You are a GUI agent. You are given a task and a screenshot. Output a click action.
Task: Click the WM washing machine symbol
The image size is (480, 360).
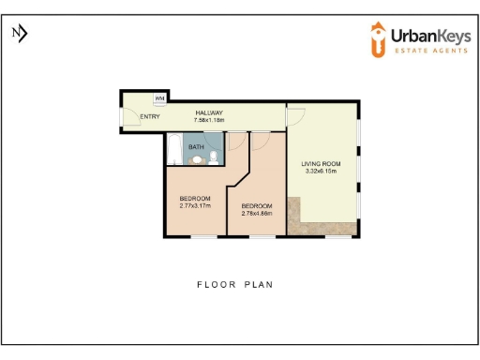(x=159, y=98)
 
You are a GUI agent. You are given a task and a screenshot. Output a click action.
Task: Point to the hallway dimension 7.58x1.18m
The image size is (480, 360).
(x=209, y=120)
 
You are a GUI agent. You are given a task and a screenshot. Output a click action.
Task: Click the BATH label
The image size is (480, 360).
(x=196, y=147)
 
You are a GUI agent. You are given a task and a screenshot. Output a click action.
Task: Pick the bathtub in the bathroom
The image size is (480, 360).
(x=175, y=150)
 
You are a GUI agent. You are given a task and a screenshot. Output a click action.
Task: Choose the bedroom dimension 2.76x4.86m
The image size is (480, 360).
(x=256, y=213)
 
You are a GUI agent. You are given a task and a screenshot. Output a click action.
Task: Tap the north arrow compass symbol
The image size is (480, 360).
(x=20, y=34)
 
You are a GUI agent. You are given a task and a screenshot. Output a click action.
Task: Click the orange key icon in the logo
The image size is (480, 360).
(x=377, y=39)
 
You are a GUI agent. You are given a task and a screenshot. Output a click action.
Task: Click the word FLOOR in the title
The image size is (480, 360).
(x=215, y=284)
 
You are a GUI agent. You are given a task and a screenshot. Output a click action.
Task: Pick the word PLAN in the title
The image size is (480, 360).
(x=260, y=284)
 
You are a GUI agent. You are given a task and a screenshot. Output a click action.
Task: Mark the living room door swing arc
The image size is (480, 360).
(x=295, y=115)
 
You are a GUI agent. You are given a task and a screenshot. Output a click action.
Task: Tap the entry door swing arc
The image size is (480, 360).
(x=127, y=117)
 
